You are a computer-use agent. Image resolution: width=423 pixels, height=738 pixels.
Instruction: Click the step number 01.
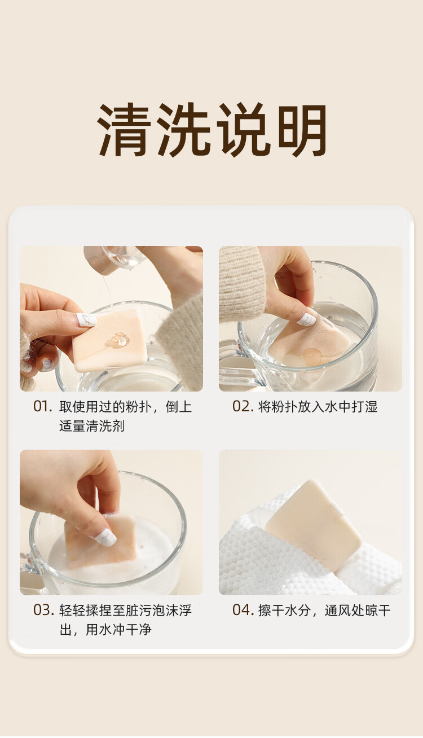click(42, 407)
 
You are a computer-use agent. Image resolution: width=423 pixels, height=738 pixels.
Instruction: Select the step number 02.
click(243, 407)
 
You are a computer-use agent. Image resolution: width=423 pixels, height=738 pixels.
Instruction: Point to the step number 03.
click(43, 610)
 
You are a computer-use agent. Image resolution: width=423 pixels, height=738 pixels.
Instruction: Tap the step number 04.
click(243, 610)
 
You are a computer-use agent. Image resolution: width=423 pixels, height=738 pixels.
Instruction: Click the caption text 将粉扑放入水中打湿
click(318, 407)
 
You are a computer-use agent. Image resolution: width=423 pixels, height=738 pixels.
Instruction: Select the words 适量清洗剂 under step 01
click(92, 426)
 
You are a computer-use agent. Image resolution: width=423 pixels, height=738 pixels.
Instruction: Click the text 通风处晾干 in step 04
click(358, 610)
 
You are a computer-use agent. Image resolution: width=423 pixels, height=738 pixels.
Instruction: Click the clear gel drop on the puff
click(118, 339)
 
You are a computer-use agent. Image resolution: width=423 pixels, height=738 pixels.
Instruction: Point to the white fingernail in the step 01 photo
click(86, 319)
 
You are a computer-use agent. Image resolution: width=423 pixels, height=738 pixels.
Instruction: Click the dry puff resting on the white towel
click(313, 525)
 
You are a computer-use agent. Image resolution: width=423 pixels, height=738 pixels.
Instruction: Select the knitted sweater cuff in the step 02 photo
click(243, 283)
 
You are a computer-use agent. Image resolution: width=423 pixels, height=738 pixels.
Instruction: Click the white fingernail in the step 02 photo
click(306, 319)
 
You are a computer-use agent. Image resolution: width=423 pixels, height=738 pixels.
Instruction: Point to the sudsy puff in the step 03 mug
click(100, 541)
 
